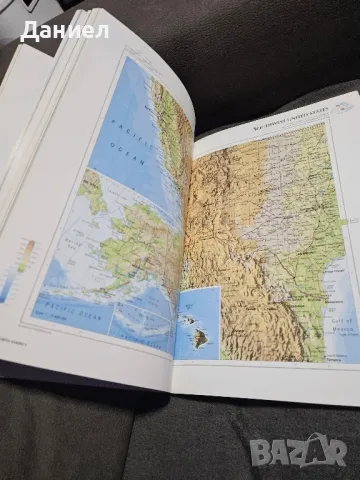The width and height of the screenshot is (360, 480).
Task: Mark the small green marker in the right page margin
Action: [344, 221]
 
